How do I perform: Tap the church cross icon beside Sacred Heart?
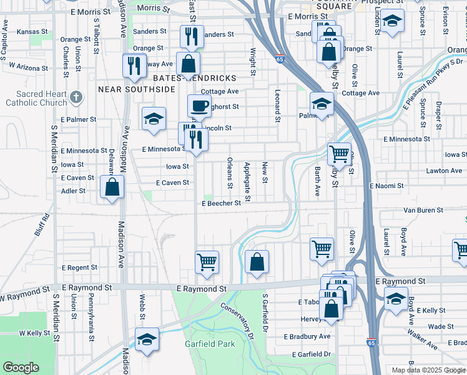tap(76, 97)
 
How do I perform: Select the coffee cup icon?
tap(199, 106)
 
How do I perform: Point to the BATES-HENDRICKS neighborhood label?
tap(194, 78)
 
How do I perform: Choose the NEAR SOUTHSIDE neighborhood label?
tap(137, 89)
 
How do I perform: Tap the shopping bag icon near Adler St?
tap(112, 186)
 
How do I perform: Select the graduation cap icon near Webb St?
tap(147, 339)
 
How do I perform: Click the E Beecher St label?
tap(221, 203)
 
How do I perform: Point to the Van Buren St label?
tap(423, 211)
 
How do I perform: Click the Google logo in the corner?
tap(20, 367)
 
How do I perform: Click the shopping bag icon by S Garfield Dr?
tap(257, 261)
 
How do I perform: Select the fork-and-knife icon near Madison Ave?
tap(134, 66)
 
